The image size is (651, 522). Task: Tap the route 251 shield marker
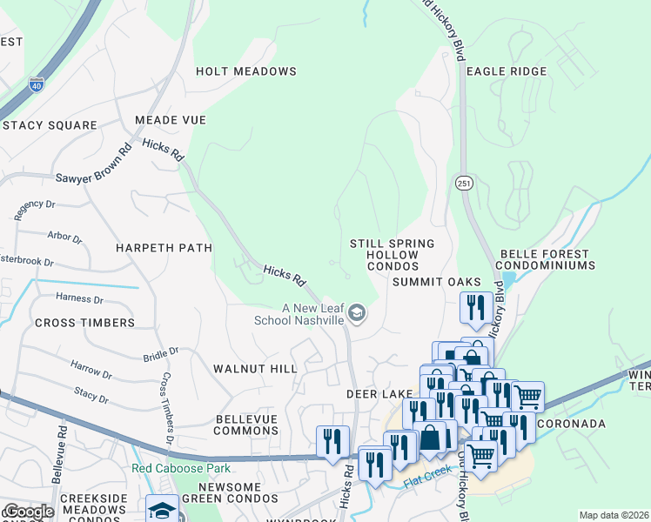pyautogui.click(x=462, y=183)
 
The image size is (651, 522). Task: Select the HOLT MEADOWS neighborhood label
pyautogui.click(x=246, y=71)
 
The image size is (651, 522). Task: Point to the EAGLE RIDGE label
pyautogui.click(x=507, y=71)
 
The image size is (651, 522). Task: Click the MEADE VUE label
pyautogui.click(x=170, y=120)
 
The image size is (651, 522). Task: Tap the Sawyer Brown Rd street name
pyautogui.click(x=93, y=165)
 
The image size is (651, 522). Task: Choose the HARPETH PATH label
pyautogui.click(x=164, y=248)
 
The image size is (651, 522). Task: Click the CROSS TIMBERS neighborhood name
pyautogui.click(x=84, y=323)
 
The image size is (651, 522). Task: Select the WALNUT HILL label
pyautogui.click(x=255, y=369)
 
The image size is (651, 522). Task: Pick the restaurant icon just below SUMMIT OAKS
pyautogui.click(x=474, y=306)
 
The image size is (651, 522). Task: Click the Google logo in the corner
pyautogui.click(x=28, y=512)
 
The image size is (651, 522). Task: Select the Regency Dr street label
pyautogui.click(x=36, y=208)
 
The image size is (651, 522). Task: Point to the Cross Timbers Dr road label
pyautogui.click(x=166, y=410)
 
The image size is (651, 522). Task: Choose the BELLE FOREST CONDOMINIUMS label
pyautogui.click(x=546, y=259)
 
